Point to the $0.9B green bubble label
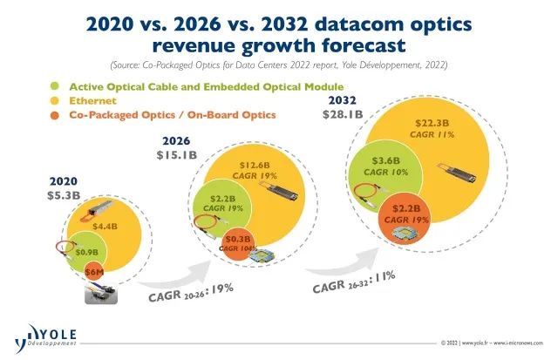point(86,253)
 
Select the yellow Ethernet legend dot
point(54,100)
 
